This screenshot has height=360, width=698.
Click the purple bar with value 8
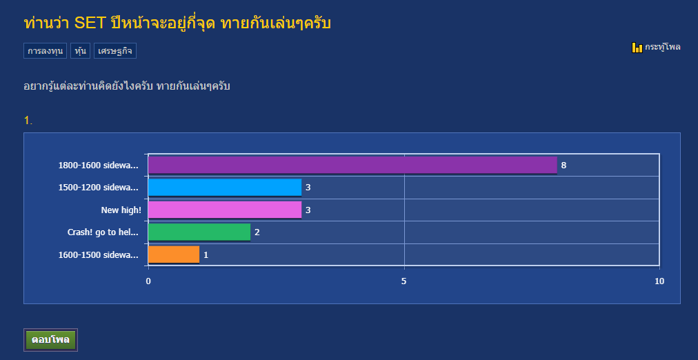click(352, 165)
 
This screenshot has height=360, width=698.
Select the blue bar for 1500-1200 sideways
click(225, 188)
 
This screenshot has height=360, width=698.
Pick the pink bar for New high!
click(225, 210)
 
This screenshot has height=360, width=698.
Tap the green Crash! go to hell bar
click(199, 232)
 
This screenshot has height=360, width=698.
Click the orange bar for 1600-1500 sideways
click(174, 254)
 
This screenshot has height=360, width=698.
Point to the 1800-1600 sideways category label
click(99, 166)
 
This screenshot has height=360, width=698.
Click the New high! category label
click(121, 210)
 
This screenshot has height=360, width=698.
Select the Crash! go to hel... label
click(103, 232)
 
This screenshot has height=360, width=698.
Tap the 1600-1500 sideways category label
click(99, 255)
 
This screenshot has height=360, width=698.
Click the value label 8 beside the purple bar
click(564, 166)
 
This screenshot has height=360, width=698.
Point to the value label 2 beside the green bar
click(257, 232)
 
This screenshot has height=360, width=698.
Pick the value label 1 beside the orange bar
click(206, 255)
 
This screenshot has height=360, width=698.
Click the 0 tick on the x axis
click(148, 281)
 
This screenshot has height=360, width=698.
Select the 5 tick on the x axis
click(404, 281)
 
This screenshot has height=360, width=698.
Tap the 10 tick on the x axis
click(659, 281)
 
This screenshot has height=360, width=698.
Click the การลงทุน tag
click(45, 51)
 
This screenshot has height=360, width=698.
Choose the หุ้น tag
click(80, 51)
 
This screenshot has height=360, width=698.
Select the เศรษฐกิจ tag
click(115, 51)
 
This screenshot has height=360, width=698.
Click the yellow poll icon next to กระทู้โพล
click(637, 47)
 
